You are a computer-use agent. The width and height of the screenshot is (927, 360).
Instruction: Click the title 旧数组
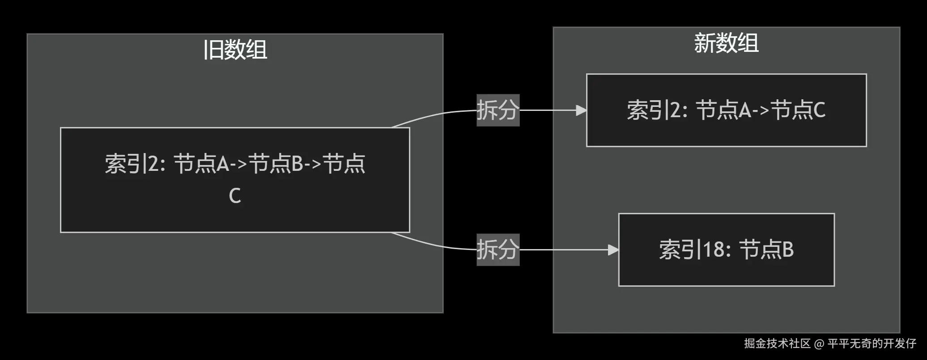click(235, 50)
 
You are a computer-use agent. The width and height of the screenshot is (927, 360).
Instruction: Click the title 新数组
click(726, 43)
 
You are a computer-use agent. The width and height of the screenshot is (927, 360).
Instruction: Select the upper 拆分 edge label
click(498, 110)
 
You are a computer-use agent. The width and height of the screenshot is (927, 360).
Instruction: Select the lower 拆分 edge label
click(498, 250)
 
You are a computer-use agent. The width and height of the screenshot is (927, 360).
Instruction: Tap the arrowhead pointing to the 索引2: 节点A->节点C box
click(581, 110)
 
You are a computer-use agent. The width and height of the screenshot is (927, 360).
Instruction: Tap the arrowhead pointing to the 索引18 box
click(613, 250)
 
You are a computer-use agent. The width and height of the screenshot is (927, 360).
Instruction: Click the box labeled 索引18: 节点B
click(726, 268)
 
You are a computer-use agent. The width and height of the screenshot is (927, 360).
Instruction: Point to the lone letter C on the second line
click(235, 196)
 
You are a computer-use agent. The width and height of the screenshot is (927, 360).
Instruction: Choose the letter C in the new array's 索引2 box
click(819, 110)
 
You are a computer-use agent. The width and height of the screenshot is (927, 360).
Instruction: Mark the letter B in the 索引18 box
click(788, 250)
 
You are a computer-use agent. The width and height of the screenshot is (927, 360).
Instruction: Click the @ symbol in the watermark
click(819, 343)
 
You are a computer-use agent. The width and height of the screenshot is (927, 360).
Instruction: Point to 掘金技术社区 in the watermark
click(777, 343)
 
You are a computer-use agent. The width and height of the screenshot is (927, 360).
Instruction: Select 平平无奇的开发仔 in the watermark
click(872, 343)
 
